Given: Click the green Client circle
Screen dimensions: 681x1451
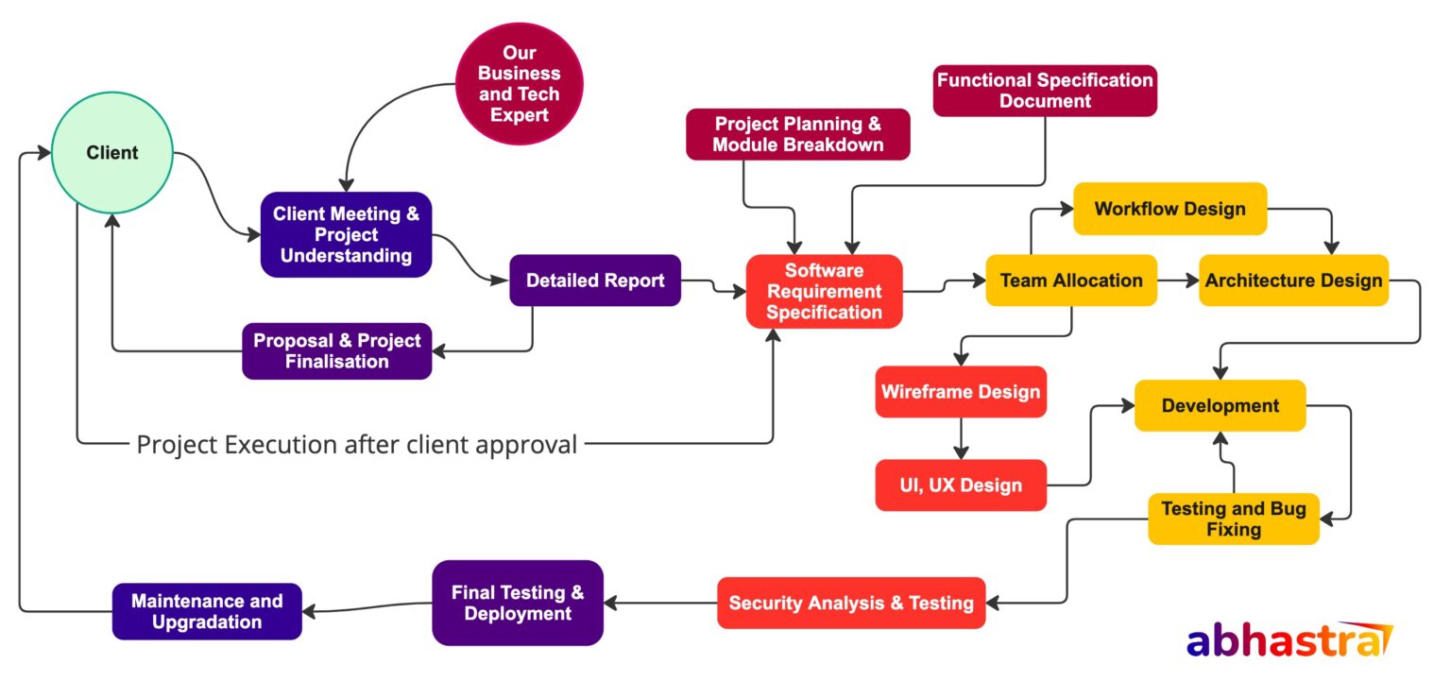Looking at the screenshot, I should click(111, 153).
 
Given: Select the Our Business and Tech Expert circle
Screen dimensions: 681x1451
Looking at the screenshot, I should click(519, 84).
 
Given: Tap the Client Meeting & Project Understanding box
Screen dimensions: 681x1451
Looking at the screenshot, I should click(346, 235).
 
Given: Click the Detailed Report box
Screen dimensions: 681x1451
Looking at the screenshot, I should click(595, 281).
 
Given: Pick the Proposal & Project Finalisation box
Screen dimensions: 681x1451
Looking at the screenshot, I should click(336, 351).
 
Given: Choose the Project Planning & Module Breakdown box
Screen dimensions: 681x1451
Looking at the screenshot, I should click(798, 134).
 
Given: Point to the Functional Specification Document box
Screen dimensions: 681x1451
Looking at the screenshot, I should click(1045, 91).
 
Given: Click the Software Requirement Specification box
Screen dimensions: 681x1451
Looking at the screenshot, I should click(824, 292).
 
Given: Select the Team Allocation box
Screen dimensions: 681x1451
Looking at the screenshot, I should click(1071, 281).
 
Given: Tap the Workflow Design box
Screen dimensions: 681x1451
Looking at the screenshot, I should click(1169, 209).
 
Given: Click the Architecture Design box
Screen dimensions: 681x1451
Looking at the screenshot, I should click(1293, 281).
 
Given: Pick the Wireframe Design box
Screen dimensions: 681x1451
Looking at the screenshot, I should click(961, 392).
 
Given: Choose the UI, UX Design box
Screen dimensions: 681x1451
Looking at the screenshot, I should click(961, 485).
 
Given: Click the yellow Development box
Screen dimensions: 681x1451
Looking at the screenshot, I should click(1220, 406).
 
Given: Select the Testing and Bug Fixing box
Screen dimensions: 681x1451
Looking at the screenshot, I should click(1233, 519).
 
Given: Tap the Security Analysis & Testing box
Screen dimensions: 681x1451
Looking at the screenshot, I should click(851, 603).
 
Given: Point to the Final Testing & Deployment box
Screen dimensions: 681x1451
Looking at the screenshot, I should click(518, 603).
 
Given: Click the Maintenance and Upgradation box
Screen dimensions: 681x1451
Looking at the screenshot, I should click(207, 611).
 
